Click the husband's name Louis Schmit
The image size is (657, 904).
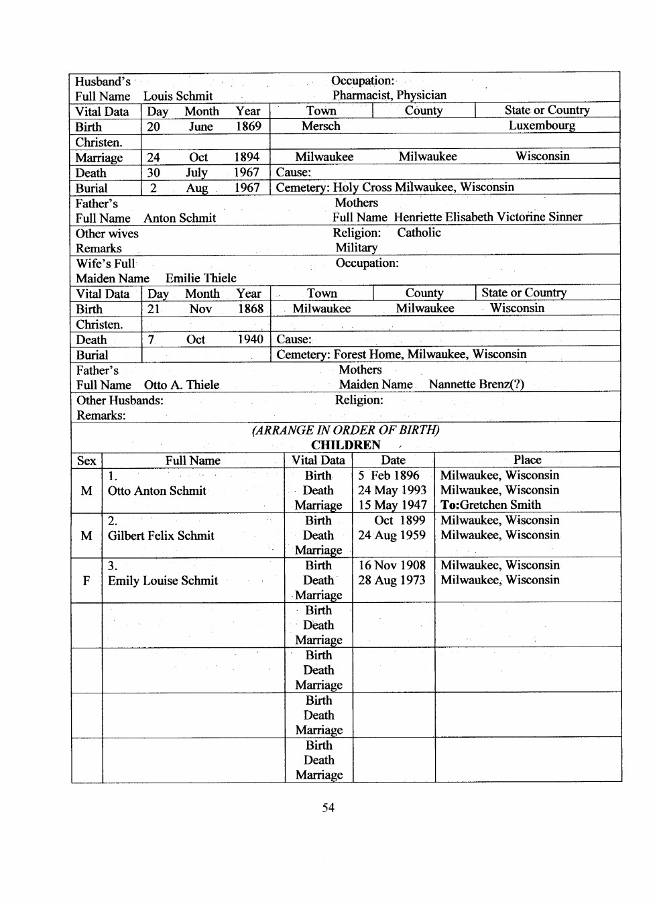(x=178, y=96)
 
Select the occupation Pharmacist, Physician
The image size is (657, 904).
(x=389, y=95)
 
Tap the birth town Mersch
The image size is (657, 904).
(x=320, y=126)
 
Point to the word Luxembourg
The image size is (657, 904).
(x=541, y=125)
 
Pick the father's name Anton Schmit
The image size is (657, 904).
(x=180, y=218)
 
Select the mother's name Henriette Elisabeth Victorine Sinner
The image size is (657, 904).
(x=487, y=217)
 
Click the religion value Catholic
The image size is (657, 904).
(x=419, y=233)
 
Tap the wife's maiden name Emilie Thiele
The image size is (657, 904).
(x=200, y=278)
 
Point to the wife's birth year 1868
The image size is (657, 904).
(x=250, y=308)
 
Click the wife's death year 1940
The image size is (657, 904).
(x=250, y=339)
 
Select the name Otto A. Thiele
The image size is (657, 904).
(x=181, y=385)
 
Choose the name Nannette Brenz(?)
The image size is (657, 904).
(x=476, y=384)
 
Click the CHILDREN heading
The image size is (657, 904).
(x=345, y=445)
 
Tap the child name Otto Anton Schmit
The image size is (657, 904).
(x=157, y=491)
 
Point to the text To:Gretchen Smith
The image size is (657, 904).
(x=490, y=505)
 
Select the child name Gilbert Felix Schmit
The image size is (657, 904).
(x=161, y=536)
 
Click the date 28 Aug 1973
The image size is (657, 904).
(x=392, y=580)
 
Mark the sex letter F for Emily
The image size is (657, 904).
(x=86, y=581)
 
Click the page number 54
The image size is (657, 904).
(x=328, y=807)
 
